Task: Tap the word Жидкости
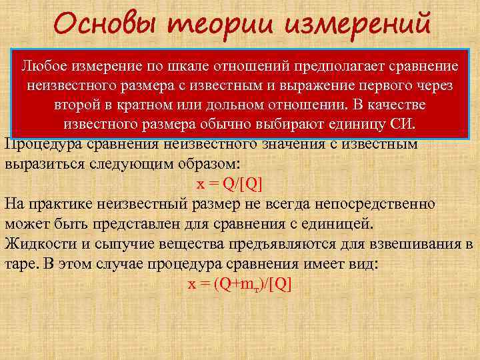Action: [34, 243]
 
